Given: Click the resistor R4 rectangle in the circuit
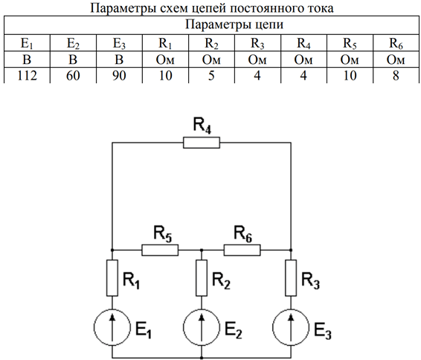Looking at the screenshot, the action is (202, 143).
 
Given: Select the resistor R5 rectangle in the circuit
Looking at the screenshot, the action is (160, 250).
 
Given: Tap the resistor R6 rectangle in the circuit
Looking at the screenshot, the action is (242, 250).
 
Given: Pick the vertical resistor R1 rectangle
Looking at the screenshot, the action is (112, 278).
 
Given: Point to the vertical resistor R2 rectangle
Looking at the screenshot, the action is (202, 278).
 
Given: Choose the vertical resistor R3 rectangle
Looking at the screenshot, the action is (291, 278).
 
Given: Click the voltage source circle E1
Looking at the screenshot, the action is (112, 327).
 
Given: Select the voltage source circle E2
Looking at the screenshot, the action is (202, 327).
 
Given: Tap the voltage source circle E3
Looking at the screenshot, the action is (291, 327).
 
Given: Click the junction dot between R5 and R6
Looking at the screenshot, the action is (202, 250).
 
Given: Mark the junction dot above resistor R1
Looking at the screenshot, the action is (112, 250).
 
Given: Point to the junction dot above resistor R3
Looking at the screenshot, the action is (291, 250).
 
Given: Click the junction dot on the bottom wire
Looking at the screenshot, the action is (202, 358).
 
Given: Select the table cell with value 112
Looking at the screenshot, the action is (27, 75).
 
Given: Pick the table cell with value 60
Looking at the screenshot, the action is (73, 75).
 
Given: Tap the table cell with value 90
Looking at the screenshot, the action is (119, 75).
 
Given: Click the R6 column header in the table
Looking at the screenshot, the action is (396, 43).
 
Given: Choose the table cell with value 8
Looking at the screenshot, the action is (396, 75).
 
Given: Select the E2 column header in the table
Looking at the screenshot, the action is (73, 43).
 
